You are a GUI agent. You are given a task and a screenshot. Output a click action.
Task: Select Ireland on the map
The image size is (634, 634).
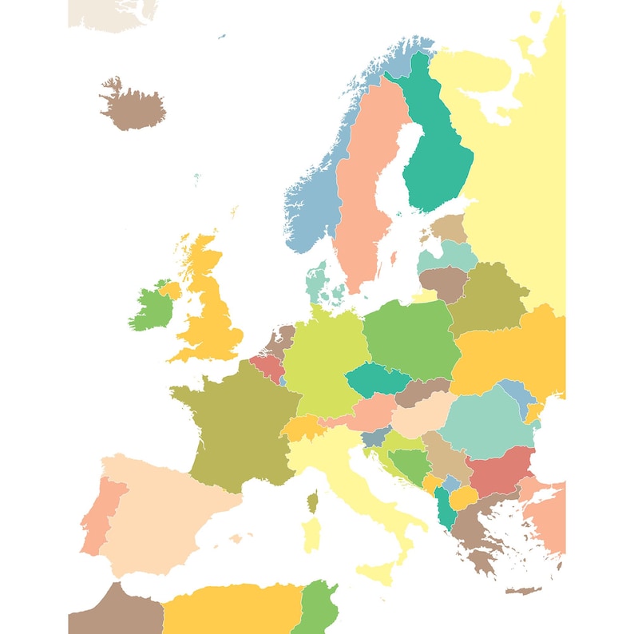pos(148,307)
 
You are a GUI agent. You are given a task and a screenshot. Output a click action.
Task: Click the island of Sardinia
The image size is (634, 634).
pos(311,533)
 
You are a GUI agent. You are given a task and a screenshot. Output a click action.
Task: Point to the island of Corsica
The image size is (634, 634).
pos(313,501)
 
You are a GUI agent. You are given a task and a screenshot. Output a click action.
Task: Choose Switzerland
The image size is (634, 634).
pos(301,428)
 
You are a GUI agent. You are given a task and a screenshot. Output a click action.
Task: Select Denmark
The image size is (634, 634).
pos(317,279)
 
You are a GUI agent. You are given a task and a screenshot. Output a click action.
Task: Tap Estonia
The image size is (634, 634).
pos(450,228)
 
